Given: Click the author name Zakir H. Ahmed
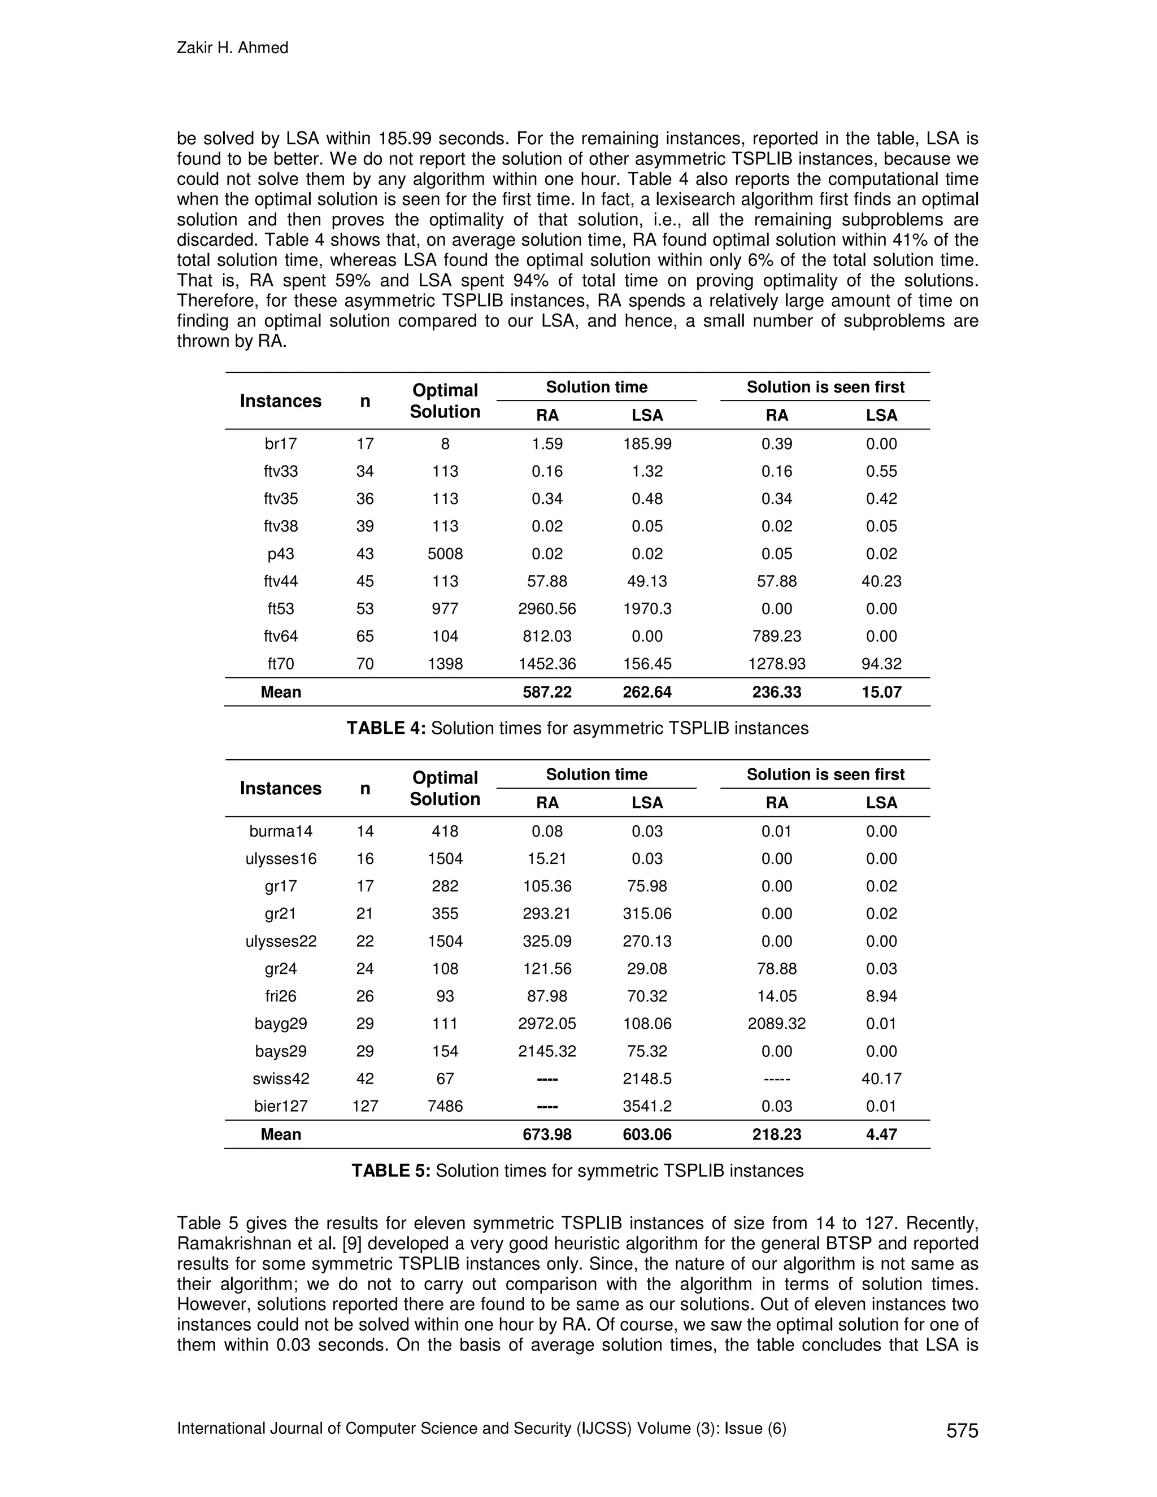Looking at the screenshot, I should (x=232, y=48).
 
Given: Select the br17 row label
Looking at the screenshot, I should (x=280, y=444).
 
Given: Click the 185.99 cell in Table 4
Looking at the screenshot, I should (x=646, y=444).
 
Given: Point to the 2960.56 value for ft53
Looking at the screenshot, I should (x=547, y=608).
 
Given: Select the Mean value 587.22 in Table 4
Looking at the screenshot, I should (x=547, y=693).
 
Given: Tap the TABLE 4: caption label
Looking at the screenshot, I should (x=386, y=728).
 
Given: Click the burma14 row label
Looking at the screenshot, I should (x=280, y=832).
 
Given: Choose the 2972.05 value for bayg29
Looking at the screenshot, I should (x=547, y=1024).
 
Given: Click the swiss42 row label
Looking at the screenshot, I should (x=280, y=1079).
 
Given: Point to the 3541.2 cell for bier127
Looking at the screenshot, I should (x=646, y=1106).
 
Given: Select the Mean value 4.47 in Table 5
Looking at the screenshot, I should (x=881, y=1134).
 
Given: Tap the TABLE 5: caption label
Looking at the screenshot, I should (x=391, y=1170).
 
